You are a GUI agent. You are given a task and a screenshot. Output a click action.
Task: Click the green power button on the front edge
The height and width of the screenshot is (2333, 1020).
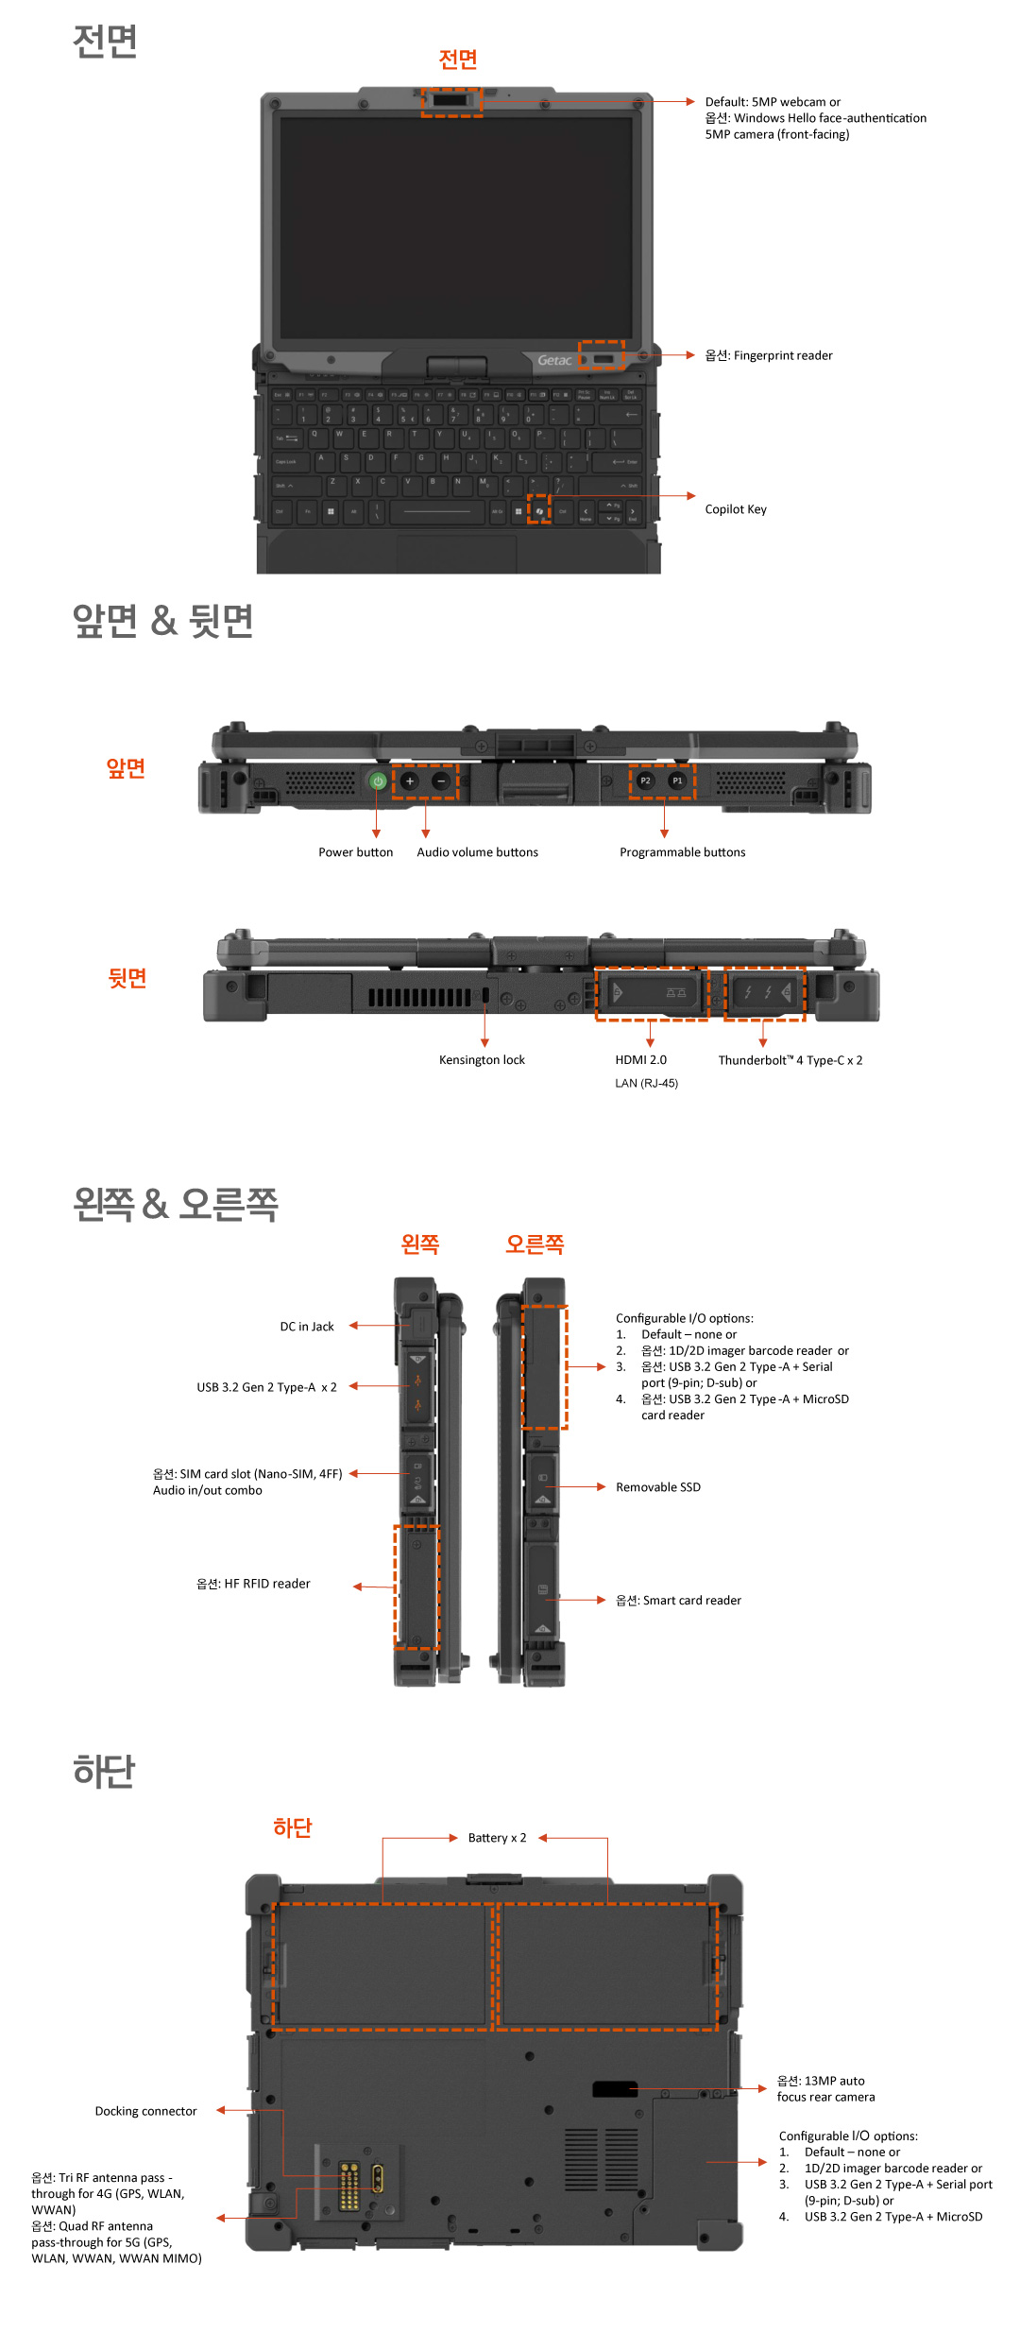pyautogui.click(x=378, y=781)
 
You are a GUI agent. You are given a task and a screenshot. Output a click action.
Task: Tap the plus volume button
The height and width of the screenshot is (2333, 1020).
pyautogui.click(x=410, y=781)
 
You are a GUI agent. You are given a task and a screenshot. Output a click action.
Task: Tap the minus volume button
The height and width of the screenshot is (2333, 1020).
pyautogui.click(x=441, y=781)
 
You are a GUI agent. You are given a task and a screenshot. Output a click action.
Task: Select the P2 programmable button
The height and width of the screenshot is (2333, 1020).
pyautogui.click(x=645, y=781)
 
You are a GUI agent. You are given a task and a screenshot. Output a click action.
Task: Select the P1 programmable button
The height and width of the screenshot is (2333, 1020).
pyautogui.click(x=677, y=781)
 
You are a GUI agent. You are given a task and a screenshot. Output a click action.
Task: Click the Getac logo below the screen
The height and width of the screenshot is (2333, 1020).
pyautogui.click(x=554, y=360)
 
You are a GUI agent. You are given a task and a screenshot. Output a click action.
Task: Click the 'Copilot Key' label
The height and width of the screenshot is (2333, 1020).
pyautogui.click(x=736, y=509)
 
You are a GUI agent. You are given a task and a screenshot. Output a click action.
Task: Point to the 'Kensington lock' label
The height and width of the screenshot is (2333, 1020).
pyautogui.click(x=482, y=1060)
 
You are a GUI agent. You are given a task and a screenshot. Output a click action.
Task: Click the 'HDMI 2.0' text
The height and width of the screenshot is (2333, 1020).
pyautogui.click(x=640, y=1060)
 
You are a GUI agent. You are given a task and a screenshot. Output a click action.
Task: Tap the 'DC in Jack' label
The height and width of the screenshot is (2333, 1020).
pyautogui.click(x=307, y=1327)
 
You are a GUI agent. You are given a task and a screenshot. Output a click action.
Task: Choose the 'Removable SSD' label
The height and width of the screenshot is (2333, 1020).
pyautogui.click(x=658, y=1487)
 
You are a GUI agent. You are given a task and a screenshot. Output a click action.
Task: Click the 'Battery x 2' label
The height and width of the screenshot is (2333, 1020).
pyautogui.click(x=497, y=1838)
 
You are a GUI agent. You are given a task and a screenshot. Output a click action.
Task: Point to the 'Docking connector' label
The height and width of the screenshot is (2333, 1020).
pyautogui.click(x=145, y=2111)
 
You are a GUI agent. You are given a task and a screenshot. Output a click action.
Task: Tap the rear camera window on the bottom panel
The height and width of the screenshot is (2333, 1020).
pyautogui.click(x=615, y=2089)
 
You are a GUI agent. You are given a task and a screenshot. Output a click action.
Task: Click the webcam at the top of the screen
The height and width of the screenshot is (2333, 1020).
pyautogui.click(x=451, y=100)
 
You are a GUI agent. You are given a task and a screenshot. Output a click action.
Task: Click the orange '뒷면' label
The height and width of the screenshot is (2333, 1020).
pyautogui.click(x=127, y=978)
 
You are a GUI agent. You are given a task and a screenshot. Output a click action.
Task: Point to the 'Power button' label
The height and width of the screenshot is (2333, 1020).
pyautogui.click(x=355, y=852)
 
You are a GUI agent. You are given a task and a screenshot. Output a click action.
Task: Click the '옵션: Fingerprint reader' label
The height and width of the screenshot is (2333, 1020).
pyautogui.click(x=769, y=355)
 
